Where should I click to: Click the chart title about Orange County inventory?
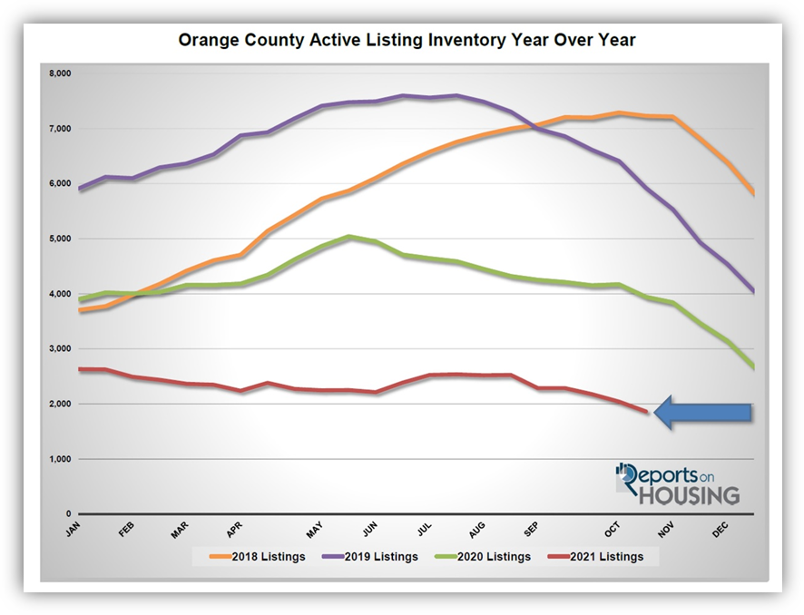point(402,41)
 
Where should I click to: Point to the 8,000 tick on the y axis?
point(61,73)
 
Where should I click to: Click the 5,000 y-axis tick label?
point(61,239)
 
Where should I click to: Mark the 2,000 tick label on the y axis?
point(61,405)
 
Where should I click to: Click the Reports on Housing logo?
point(677,483)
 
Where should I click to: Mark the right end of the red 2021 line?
point(647,412)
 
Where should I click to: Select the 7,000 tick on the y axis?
point(61,128)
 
